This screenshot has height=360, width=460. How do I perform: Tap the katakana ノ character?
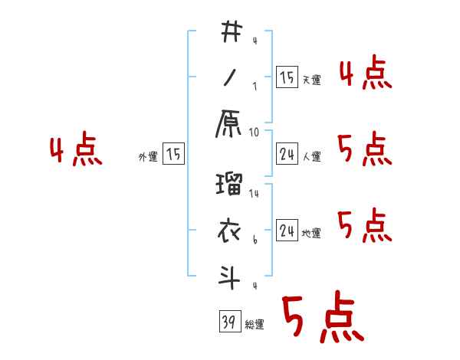[230, 77]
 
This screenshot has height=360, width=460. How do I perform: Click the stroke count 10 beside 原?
[255, 132]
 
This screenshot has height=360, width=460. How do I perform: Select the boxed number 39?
[228, 323]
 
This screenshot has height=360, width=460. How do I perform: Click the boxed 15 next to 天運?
[286, 77]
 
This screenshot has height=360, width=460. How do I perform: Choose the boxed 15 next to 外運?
[173, 155]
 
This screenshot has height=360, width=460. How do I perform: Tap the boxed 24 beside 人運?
[286, 155]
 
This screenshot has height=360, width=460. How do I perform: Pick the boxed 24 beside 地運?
[286, 231]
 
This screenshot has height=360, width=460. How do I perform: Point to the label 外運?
[147, 157]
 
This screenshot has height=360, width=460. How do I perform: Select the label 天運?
[310, 80]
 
